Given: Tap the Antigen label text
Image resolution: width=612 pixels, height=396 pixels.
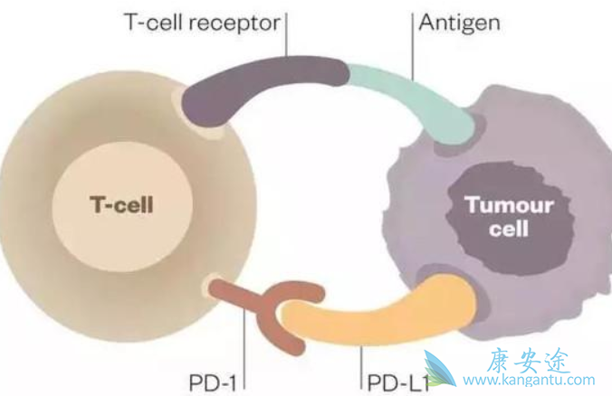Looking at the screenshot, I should (x=459, y=22).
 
